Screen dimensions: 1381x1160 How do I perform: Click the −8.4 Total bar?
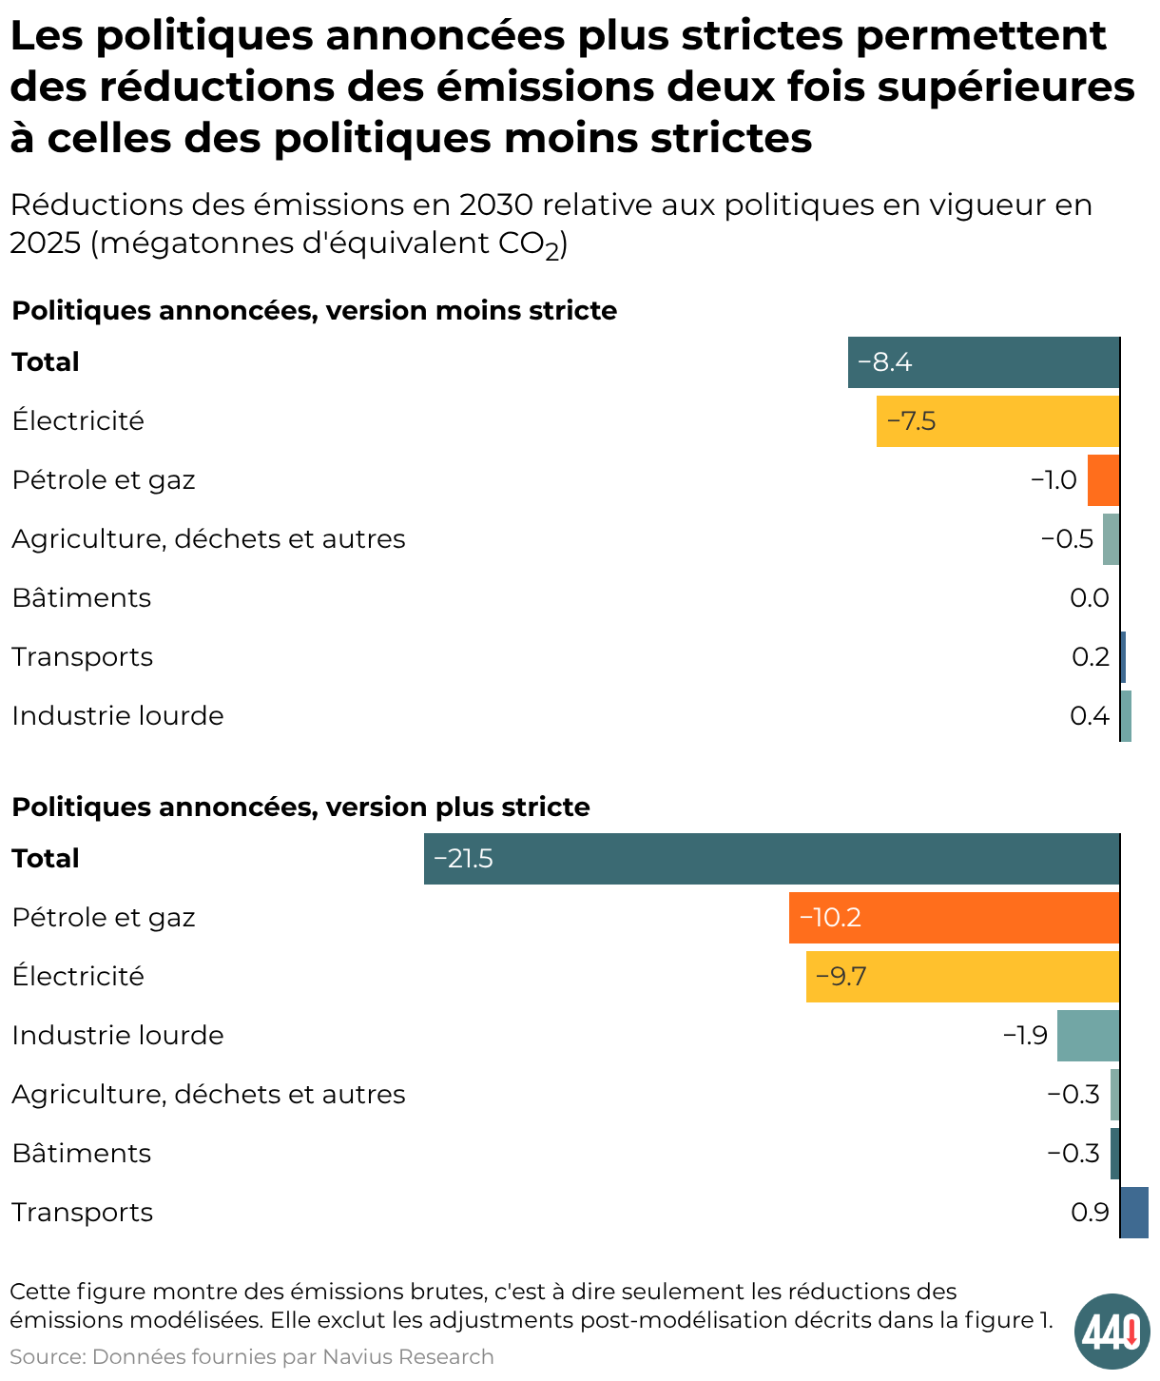[x=984, y=362]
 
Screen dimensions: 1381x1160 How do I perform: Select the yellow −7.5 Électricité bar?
[x=998, y=421]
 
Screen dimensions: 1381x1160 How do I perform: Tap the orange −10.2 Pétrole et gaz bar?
[x=954, y=918]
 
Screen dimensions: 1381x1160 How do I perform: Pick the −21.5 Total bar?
[x=772, y=859]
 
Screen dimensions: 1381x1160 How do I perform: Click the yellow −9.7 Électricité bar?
[x=962, y=977]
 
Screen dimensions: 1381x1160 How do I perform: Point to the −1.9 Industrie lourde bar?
[x=1088, y=1036]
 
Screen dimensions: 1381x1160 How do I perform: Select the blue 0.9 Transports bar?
[x=1134, y=1213]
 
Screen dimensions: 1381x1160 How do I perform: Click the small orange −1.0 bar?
[x=1103, y=480]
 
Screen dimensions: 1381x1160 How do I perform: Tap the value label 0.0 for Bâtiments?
[x=1090, y=598]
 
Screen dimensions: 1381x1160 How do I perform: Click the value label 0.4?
[x=1090, y=716]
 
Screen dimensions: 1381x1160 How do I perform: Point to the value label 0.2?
[x=1091, y=657]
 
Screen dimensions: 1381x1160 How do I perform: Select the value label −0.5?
[x=1068, y=539]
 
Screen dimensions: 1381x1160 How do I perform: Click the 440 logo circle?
[x=1112, y=1332]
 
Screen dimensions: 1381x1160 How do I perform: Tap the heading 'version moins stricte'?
[x=472, y=311]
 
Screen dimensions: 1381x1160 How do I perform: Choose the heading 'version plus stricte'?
[x=458, y=807]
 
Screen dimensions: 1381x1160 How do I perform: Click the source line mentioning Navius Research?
[x=252, y=1357]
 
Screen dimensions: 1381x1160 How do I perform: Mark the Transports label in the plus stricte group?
[x=83, y=1213]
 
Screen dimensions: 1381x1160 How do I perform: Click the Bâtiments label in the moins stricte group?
[x=82, y=598]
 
